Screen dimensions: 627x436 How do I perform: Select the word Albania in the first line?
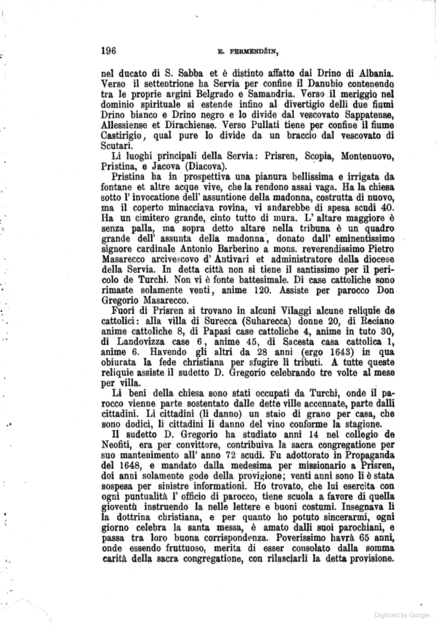[373, 73]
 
